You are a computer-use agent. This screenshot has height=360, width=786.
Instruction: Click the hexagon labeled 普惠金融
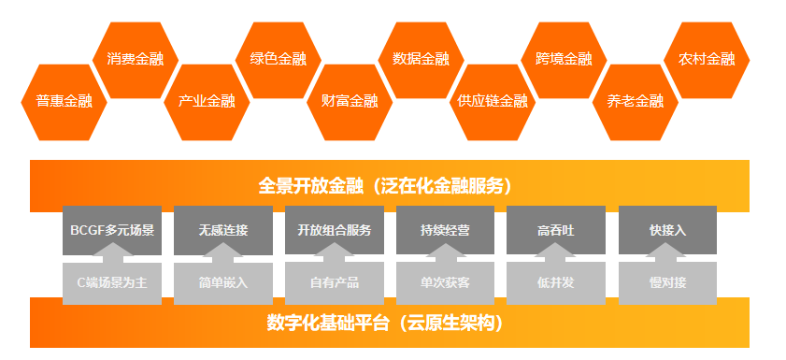(x=64, y=102)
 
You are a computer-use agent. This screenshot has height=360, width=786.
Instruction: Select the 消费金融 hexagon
(x=136, y=60)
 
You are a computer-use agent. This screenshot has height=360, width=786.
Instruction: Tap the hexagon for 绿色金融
(x=279, y=60)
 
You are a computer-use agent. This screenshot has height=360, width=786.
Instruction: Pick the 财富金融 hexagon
(x=350, y=102)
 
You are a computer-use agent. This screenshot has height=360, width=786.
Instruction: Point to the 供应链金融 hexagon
(x=493, y=102)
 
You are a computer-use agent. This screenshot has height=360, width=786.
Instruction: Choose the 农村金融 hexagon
(x=707, y=60)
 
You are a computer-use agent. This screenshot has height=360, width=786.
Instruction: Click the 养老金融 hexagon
(x=636, y=102)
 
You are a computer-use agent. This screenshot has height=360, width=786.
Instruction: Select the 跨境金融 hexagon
(x=564, y=60)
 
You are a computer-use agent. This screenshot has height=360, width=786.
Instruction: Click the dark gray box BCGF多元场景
(x=112, y=230)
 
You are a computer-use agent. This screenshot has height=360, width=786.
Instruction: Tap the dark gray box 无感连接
(x=223, y=230)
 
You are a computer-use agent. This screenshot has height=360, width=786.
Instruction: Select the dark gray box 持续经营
(x=445, y=230)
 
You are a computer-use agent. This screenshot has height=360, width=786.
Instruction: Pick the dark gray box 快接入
(x=667, y=230)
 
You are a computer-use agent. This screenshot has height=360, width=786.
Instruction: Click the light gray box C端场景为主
(x=112, y=283)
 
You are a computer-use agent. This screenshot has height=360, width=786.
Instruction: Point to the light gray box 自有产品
(x=335, y=283)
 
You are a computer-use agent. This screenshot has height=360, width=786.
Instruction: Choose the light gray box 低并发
(x=556, y=283)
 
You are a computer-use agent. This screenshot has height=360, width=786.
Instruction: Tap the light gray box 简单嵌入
(x=223, y=283)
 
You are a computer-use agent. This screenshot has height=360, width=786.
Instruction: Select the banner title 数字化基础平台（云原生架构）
(x=385, y=324)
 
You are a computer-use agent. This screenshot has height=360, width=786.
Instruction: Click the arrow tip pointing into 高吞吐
(x=556, y=243)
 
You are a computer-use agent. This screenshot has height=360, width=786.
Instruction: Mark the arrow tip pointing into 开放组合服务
(x=335, y=243)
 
